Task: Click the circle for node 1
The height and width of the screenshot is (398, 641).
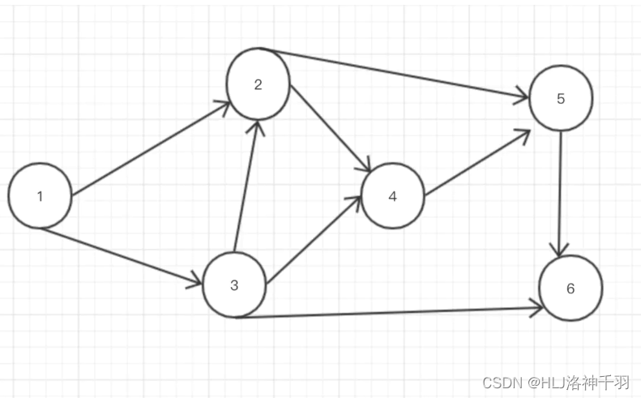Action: click(40, 195)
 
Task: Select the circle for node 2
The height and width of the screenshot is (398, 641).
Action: click(258, 84)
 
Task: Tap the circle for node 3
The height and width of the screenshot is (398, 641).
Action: click(234, 285)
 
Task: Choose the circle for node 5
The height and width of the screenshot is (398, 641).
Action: click(561, 98)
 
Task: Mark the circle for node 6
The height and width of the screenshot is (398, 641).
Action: click(570, 288)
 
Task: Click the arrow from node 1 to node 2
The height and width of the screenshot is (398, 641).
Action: click(151, 149)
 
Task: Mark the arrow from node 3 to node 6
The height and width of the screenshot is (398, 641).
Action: click(389, 312)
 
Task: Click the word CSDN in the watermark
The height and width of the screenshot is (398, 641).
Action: click(501, 382)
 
